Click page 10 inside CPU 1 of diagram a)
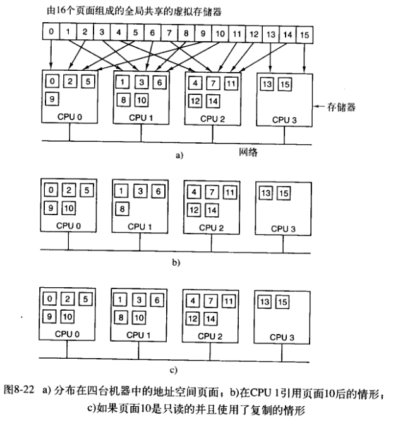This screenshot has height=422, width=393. click(141, 100)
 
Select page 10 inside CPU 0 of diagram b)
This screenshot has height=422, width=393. click(70, 208)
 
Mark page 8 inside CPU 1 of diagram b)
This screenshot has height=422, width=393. click(123, 208)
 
